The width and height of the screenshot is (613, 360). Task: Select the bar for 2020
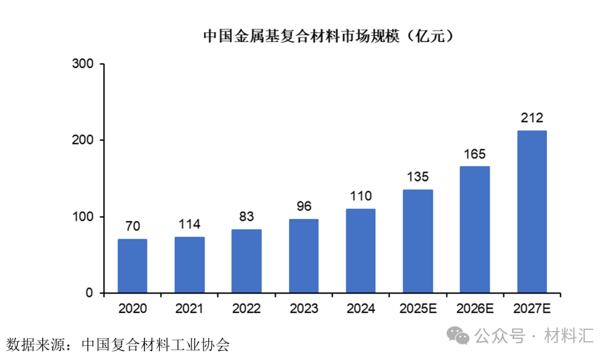[132, 266]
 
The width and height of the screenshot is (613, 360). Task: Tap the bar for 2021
[190, 265]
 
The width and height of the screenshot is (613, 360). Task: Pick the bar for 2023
[304, 256]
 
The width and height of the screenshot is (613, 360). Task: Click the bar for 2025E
[418, 241]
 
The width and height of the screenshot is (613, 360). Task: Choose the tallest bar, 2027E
[532, 212]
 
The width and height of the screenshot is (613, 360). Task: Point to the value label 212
[532, 118]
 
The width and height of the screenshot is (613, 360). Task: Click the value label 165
[475, 154]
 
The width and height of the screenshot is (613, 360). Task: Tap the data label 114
[190, 224]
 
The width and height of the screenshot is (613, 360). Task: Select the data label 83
[246, 217]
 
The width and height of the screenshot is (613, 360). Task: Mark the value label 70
[132, 227]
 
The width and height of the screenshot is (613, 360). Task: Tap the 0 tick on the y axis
[89, 293]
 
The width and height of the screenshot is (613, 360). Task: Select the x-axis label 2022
[246, 309]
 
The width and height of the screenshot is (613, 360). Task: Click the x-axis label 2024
[360, 309]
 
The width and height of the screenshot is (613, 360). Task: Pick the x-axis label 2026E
[475, 309]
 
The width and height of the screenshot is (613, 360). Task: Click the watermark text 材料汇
[569, 336]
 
